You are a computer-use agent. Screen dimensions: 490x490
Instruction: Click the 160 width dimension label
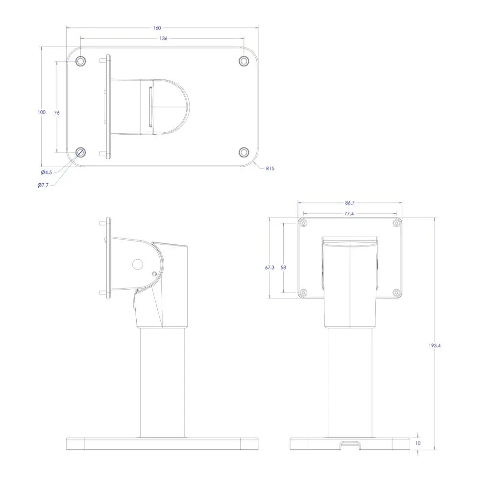pyautogui.click(x=157, y=28)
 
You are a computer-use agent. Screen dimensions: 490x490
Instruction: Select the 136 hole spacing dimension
pyautogui.click(x=164, y=38)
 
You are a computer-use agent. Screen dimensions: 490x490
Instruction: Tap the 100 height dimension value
pyautogui.click(x=42, y=112)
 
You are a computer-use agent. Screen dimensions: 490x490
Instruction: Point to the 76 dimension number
pyautogui.click(x=56, y=113)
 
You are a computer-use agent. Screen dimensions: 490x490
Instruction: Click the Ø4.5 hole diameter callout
pyautogui.click(x=47, y=172)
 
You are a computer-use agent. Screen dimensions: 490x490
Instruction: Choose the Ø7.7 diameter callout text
pyautogui.click(x=43, y=185)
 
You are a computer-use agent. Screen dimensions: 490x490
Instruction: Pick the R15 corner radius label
pyautogui.click(x=270, y=169)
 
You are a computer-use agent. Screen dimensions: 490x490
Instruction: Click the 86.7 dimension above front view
pyautogui.click(x=350, y=203)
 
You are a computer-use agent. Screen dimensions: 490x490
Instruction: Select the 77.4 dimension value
pyautogui.click(x=349, y=214)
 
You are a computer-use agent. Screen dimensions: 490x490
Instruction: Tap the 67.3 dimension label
pyautogui.click(x=269, y=268)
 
